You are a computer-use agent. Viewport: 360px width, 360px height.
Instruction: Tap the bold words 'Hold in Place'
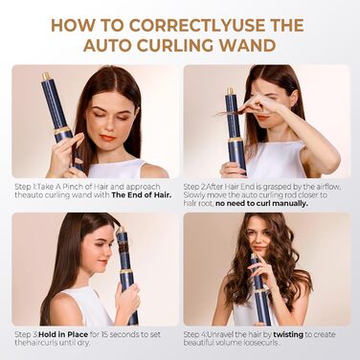coord(56,334)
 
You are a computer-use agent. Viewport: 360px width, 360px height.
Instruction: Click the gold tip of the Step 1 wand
coord(45,76)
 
